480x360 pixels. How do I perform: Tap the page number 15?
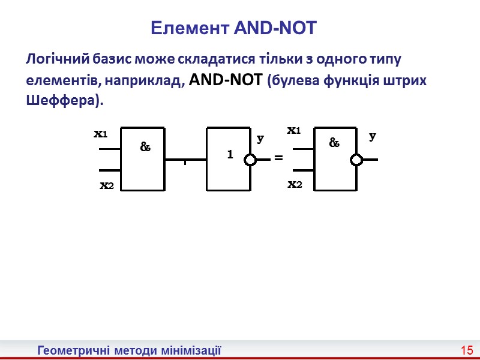coord(467,350)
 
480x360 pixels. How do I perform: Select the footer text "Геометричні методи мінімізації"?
coord(130,350)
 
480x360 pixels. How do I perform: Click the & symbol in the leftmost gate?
coord(145,146)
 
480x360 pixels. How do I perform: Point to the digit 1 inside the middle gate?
coord(229,155)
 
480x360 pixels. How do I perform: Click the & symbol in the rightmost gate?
coord(334,143)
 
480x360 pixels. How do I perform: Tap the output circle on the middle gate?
coord(250,160)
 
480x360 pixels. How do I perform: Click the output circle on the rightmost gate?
coord(357,160)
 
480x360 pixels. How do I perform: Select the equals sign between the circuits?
coord(278,157)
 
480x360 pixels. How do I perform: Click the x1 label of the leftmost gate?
coord(100,134)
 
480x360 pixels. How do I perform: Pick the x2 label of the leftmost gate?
coord(106,186)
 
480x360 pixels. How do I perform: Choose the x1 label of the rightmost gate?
coord(293,130)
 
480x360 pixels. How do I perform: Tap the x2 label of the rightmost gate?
coord(295,184)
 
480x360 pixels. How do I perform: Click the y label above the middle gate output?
coord(260,139)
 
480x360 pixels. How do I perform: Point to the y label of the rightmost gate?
coord(373,136)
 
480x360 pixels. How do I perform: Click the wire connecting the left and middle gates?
coord(185,160)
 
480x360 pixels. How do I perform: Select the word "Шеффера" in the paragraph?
coord(62,101)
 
